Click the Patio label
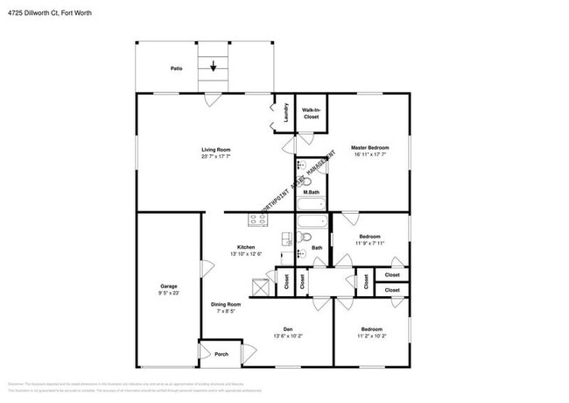click(x=176, y=67)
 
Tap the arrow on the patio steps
click(x=213, y=65)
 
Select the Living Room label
click(x=216, y=150)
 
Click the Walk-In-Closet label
click(x=311, y=112)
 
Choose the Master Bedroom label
click(x=370, y=147)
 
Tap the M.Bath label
click(x=310, y=192)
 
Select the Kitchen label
click(x=246, y=246)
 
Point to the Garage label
click(x=169, y=286)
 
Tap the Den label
click(x=288, y=329)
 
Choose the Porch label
click(x=221, y=354)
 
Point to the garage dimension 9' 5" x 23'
click(x=169, y=293)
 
